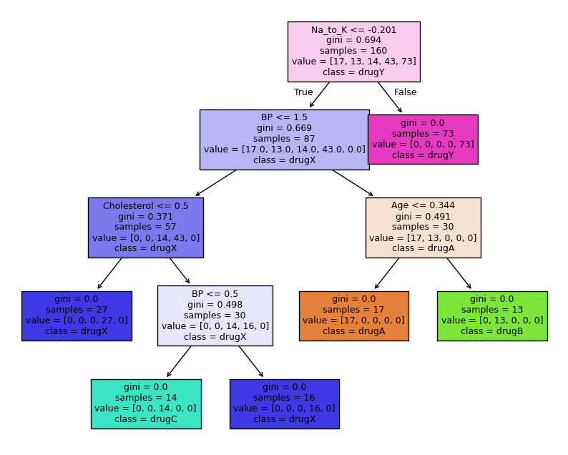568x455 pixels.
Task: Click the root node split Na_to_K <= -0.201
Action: tap(353, 29)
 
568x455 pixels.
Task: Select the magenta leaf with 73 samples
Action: tap(422, 139)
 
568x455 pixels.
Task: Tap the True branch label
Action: tap(303, 92)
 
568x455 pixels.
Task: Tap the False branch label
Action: tap(405, 92)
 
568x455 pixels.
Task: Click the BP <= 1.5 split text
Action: tap(284, 117)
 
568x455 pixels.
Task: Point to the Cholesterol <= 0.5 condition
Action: tap(145, 205)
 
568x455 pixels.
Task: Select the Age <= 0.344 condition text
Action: tap(423, 205)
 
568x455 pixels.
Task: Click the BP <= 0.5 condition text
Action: tap(215, 293)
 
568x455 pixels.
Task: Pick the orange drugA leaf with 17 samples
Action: tap(353, 315)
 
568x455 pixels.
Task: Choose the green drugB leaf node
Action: tap(492, 315)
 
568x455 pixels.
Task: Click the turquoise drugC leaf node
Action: tap(145, 403)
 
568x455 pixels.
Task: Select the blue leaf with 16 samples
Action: tap(284, 403)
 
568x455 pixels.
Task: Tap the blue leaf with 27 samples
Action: tap(77, 315)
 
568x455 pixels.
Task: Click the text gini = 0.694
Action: tap(353, 40)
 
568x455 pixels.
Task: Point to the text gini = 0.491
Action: tap(423, 216)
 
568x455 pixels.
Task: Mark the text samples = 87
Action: tap(284, 139)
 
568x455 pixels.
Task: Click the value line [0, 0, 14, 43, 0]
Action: tap(145, 238)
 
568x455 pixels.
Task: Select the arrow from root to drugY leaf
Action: tap(390, 97)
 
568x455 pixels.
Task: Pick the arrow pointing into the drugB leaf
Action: tap(459, 273)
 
